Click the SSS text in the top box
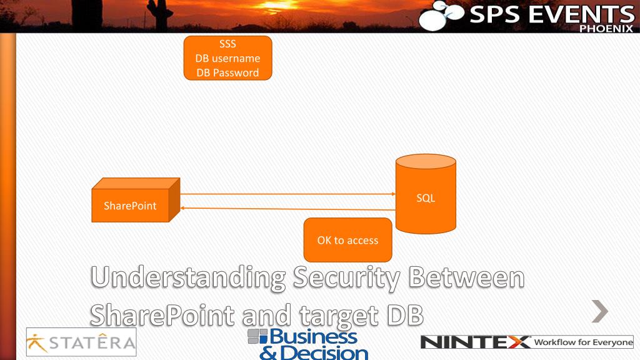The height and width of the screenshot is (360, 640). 227,44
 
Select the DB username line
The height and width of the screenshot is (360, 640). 227,58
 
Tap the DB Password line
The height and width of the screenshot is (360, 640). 227,72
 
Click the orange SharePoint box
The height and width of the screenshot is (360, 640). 131,205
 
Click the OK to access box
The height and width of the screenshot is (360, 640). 347,240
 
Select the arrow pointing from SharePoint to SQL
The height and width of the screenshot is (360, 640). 287,194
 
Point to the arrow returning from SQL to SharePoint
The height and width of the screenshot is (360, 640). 287,209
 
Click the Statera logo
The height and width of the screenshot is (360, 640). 81,342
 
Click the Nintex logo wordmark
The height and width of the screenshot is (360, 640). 475,342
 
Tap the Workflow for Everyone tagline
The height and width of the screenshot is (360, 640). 582,342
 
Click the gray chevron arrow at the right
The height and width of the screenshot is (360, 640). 600,311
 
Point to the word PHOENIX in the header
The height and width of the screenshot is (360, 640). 606,28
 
